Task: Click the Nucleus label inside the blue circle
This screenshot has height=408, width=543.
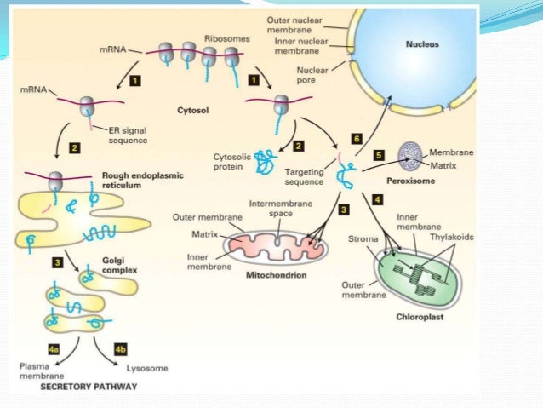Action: (x=423, y=44)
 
